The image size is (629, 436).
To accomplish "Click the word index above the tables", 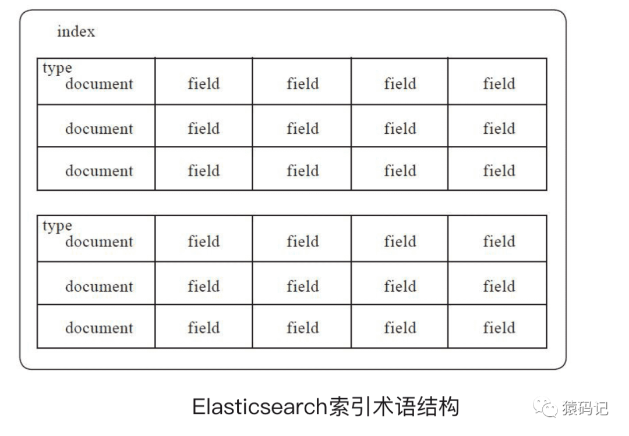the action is tap(76, 31).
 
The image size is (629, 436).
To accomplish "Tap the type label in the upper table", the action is tap(57, 68).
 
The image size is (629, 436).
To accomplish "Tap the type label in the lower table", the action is tap(57, 226).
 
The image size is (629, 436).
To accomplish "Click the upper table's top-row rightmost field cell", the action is tap(499, 84).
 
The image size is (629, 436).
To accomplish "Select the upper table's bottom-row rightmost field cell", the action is tap(499, 171).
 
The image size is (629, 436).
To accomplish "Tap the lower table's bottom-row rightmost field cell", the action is tap(499, 328).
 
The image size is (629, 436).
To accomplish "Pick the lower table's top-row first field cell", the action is tap(204, 241).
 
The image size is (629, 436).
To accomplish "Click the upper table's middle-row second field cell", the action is tap(302, 128).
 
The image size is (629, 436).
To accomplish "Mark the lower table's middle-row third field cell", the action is tap(400, 286).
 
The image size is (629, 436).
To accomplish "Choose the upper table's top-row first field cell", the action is tap(204, 84).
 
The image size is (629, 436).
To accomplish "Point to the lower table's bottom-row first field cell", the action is tap(204, 328).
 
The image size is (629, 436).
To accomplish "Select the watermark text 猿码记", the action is tap(585, 408).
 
